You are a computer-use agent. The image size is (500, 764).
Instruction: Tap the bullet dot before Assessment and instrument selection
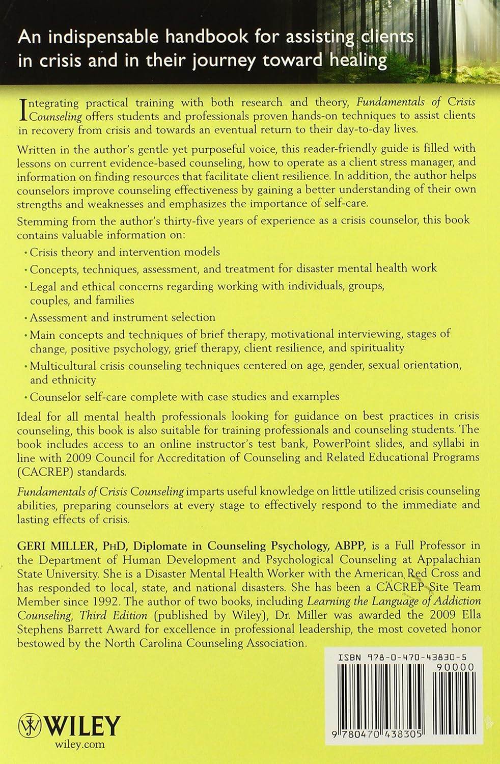(26, 318)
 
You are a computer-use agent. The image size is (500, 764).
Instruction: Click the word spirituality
(373, 348)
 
